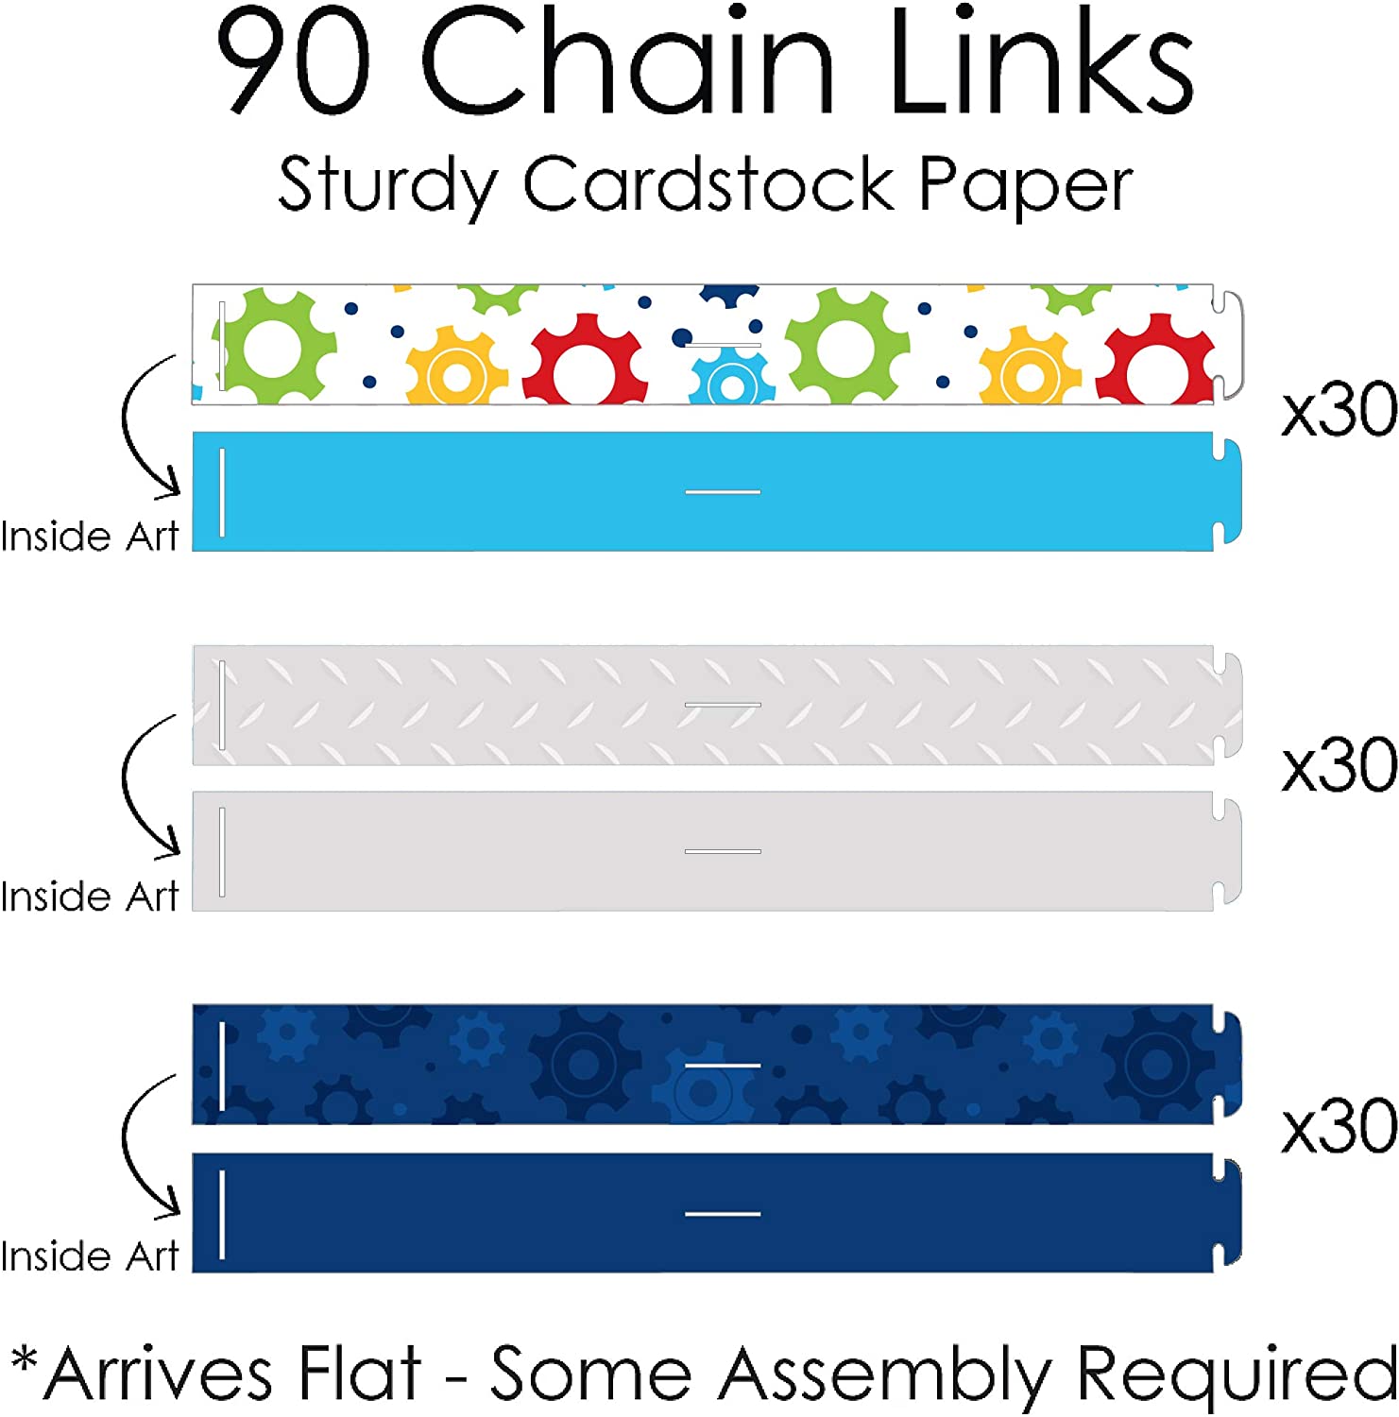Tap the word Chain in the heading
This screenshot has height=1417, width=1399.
[x=628, y=59]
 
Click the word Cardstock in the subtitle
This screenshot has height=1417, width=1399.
[x=708, y=182]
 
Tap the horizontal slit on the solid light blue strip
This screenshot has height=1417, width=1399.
[x=723, y=492]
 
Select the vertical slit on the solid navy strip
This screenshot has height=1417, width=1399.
[x=222, y=1215]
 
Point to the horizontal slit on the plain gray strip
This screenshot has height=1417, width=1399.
[x=723, y=851]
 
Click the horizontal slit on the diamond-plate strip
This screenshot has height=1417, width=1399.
[x=723, y=705]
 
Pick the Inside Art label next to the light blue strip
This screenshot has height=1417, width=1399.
[x=90, y=537]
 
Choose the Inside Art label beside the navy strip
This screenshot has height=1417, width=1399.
[x=90, y=1256]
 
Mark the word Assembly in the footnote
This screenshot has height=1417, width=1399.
[x=884, y=1376]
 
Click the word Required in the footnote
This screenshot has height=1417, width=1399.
[x=1237, y=1376]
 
